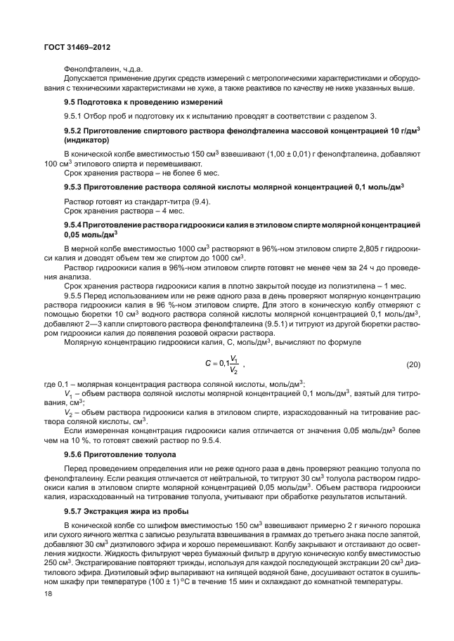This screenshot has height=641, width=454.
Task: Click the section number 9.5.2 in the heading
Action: coord(74,132)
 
